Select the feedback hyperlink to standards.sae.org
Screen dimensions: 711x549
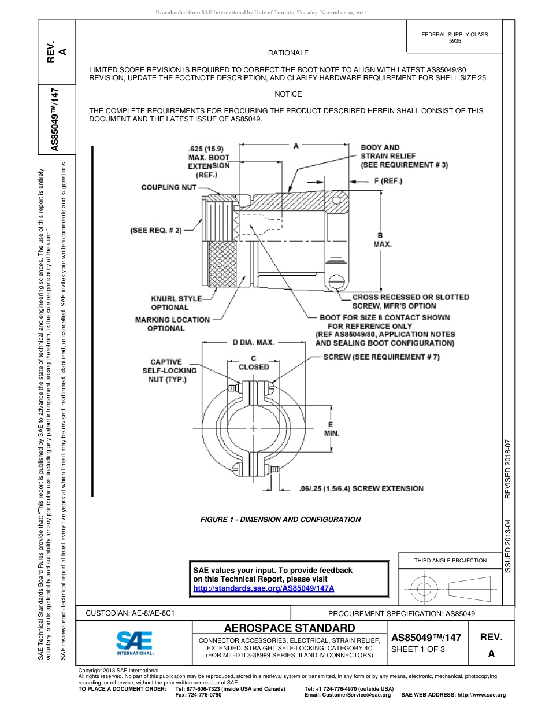264,588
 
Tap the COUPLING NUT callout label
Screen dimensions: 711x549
169,187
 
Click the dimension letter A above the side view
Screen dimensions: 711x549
296,146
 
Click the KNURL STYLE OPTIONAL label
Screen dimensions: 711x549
176,303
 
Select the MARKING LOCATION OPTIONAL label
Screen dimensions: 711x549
172,324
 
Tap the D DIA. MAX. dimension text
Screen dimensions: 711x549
253,342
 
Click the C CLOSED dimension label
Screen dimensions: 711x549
254,362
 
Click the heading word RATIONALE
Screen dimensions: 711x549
288,53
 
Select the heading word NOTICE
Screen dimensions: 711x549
288,94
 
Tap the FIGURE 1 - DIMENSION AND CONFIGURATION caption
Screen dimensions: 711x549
280,519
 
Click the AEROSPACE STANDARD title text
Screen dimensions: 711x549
290,628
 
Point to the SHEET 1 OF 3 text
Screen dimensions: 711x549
418,649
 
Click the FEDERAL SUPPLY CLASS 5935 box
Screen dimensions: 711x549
454,38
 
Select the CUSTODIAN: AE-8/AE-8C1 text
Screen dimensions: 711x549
130,613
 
